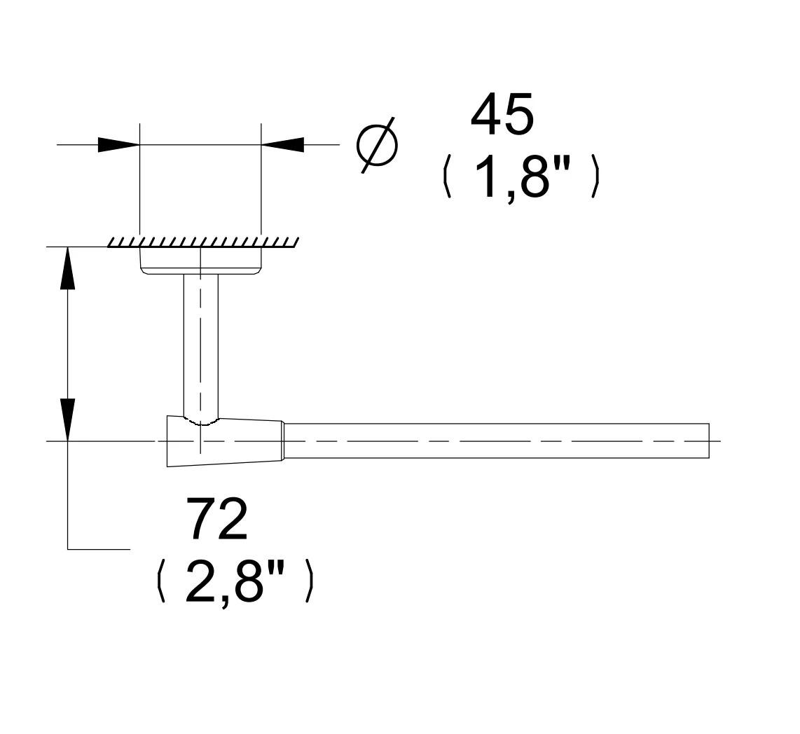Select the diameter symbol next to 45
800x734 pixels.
377,146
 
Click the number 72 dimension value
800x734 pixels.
217,518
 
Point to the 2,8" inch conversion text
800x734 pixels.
234,581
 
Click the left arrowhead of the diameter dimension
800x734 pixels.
119,145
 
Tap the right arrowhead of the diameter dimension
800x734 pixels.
282,145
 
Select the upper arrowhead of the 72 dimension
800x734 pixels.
67,268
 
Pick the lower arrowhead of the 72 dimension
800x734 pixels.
67,420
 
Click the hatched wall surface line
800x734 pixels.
203,242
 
